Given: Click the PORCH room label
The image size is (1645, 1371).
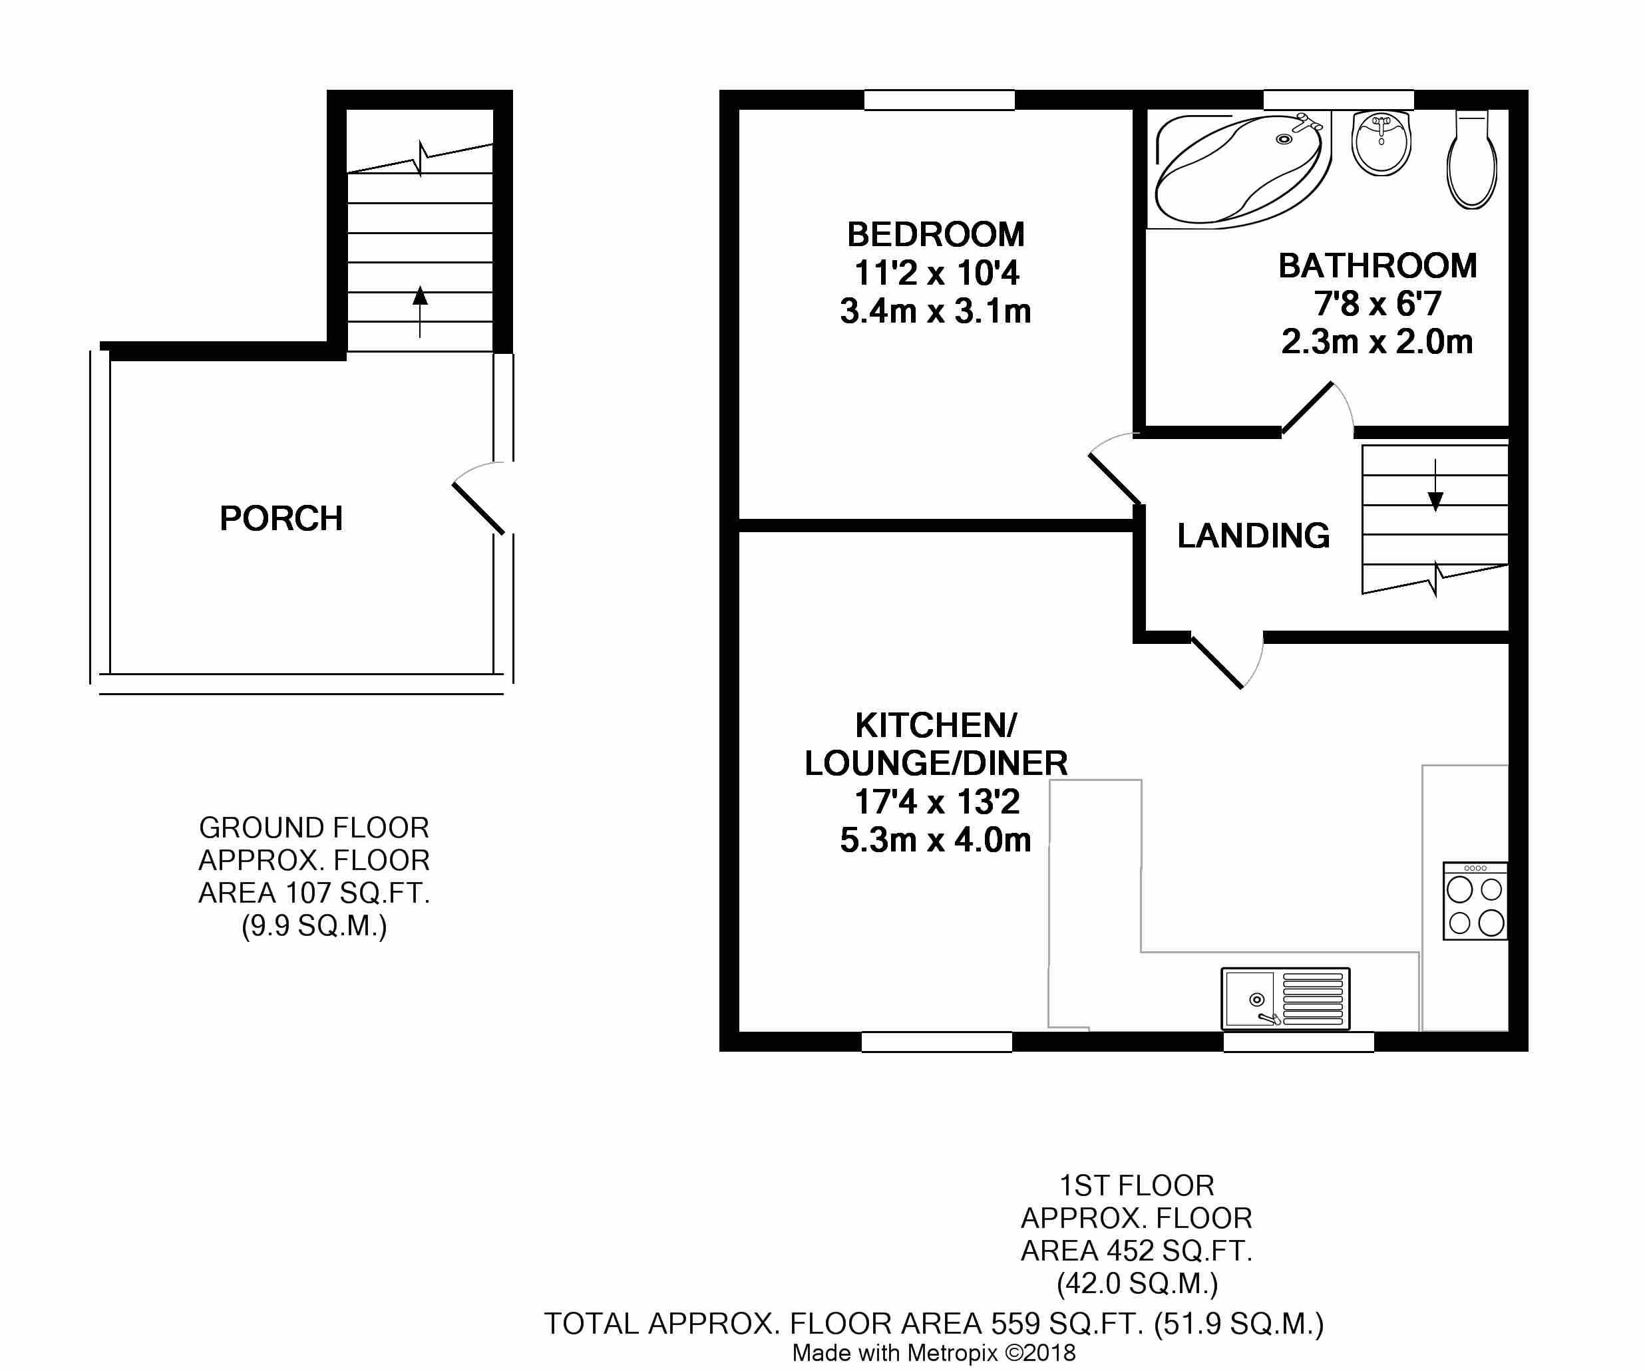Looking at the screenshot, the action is click(281, 518).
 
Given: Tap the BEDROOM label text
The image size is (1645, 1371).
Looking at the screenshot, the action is click(936, 235).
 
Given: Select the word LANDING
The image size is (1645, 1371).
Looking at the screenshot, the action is click(1253, 535).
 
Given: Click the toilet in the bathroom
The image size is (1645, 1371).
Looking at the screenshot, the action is click(1472, 160).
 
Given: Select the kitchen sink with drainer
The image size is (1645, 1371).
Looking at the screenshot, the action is click(1286, 999).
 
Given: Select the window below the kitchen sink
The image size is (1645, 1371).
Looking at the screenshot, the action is click(1299, 1041).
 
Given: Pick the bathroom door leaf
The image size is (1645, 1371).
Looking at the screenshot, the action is click(1306, 408).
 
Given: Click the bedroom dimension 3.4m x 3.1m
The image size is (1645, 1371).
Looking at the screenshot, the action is click(936, 311).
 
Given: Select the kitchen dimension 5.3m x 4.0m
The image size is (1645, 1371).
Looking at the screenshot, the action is click(936, 840).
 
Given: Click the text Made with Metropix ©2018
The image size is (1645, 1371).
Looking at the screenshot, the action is click(934, 1353).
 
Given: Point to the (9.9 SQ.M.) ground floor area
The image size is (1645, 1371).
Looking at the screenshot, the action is click(314, 926).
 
